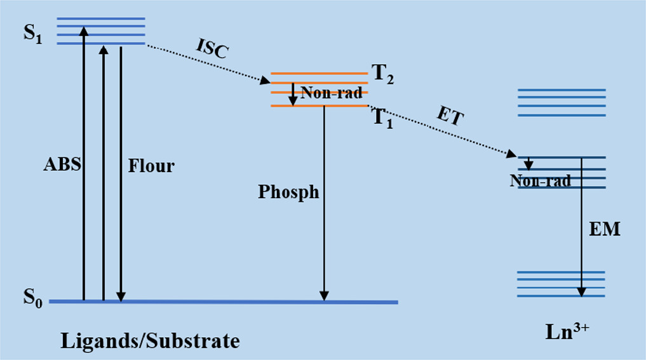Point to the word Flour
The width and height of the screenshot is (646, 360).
pyautogui.click(x=151, y=167)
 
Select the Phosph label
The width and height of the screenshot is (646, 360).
pyautogui.click(x=288, y=191)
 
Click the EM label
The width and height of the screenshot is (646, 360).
pyautogui.click(x=604, y=229)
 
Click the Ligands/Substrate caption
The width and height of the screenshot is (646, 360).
pyautogui.click(x=150, y=342)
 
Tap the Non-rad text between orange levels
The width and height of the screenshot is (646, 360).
pyautogui.click(x=331, y=93)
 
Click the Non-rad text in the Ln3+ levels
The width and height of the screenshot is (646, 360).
pyautogui.click(x=540, y=181)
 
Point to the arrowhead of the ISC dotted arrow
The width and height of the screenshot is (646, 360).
pyautogui.click(x=266, y=81)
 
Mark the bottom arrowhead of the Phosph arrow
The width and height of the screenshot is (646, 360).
pyautogui.click(x=324, y=296)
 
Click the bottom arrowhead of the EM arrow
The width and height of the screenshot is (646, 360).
pyautogui.click(x=581, y=291)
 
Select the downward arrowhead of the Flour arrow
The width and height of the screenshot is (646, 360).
pyautogui.click(x=121, y=296)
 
